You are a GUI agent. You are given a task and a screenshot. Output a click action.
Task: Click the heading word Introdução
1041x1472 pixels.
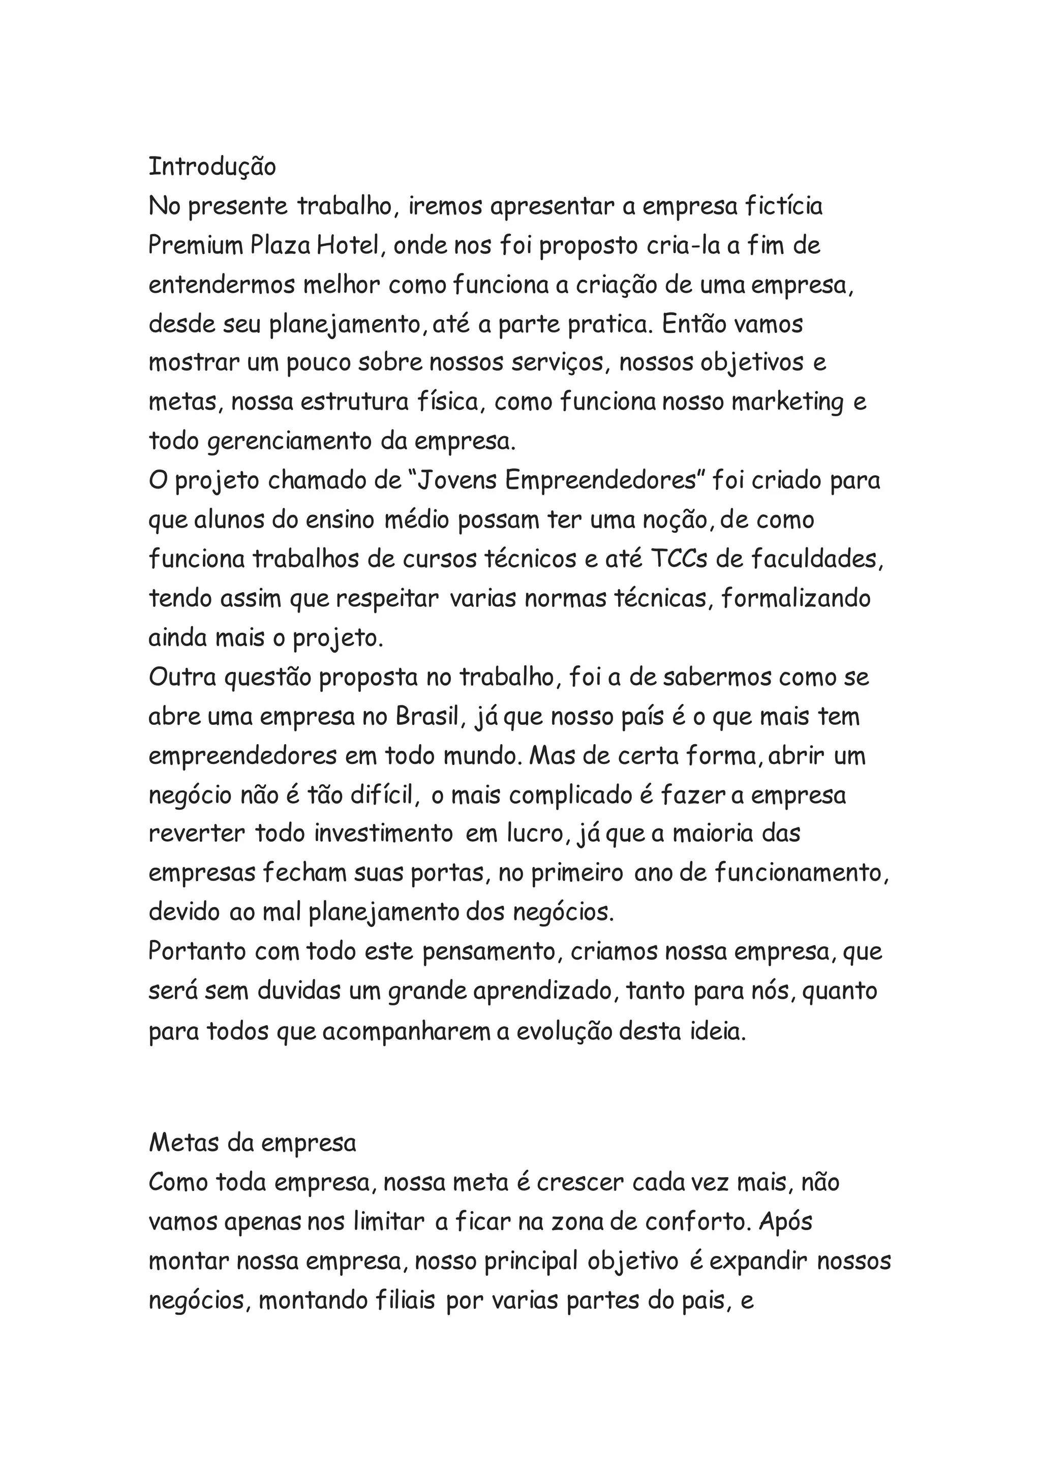coord(212,167)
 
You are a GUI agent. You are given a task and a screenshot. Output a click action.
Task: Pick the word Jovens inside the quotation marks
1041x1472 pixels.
coord(454,481)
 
